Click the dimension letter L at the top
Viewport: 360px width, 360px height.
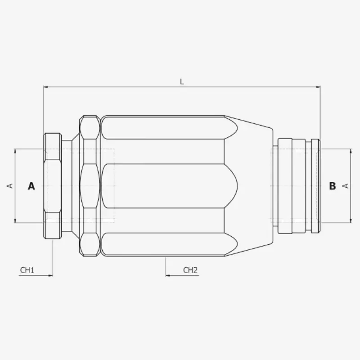(182, 82)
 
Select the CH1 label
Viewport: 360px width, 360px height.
(27, 270)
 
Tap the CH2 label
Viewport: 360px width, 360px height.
(190, 270)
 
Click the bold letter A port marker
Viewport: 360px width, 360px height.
(31, 186)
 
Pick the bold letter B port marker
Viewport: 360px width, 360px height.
(333, 186)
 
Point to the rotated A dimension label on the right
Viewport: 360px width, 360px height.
(346, 186)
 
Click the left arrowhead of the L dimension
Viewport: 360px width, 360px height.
(46, 87)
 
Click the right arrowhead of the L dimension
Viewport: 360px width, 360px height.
(318, 87)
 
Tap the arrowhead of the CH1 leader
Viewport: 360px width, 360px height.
(50, 275)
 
